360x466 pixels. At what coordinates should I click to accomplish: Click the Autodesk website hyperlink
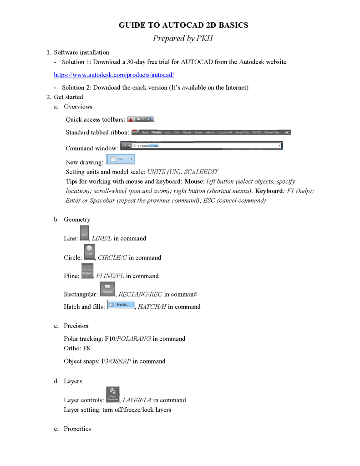coord(114,74)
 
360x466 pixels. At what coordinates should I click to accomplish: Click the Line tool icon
coord(84,233)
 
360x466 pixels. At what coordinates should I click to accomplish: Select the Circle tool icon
coord(89,251)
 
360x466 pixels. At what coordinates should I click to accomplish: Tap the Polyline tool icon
coord(87,271)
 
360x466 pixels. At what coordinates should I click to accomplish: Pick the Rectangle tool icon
coord(107,289)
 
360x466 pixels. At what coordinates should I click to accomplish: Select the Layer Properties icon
coord(113,394)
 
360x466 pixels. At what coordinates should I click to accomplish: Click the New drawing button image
coord(121,159)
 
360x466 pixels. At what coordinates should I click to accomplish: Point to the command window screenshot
coord(202,146)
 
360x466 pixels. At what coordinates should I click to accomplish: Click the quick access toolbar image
coord(141,119)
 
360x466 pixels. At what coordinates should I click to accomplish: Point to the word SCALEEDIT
coord(201,172)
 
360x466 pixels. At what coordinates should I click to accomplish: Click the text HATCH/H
coord(152,307)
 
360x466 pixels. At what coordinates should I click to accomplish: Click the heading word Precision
coord(76,326)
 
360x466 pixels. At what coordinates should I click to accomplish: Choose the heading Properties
coord(77,429)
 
